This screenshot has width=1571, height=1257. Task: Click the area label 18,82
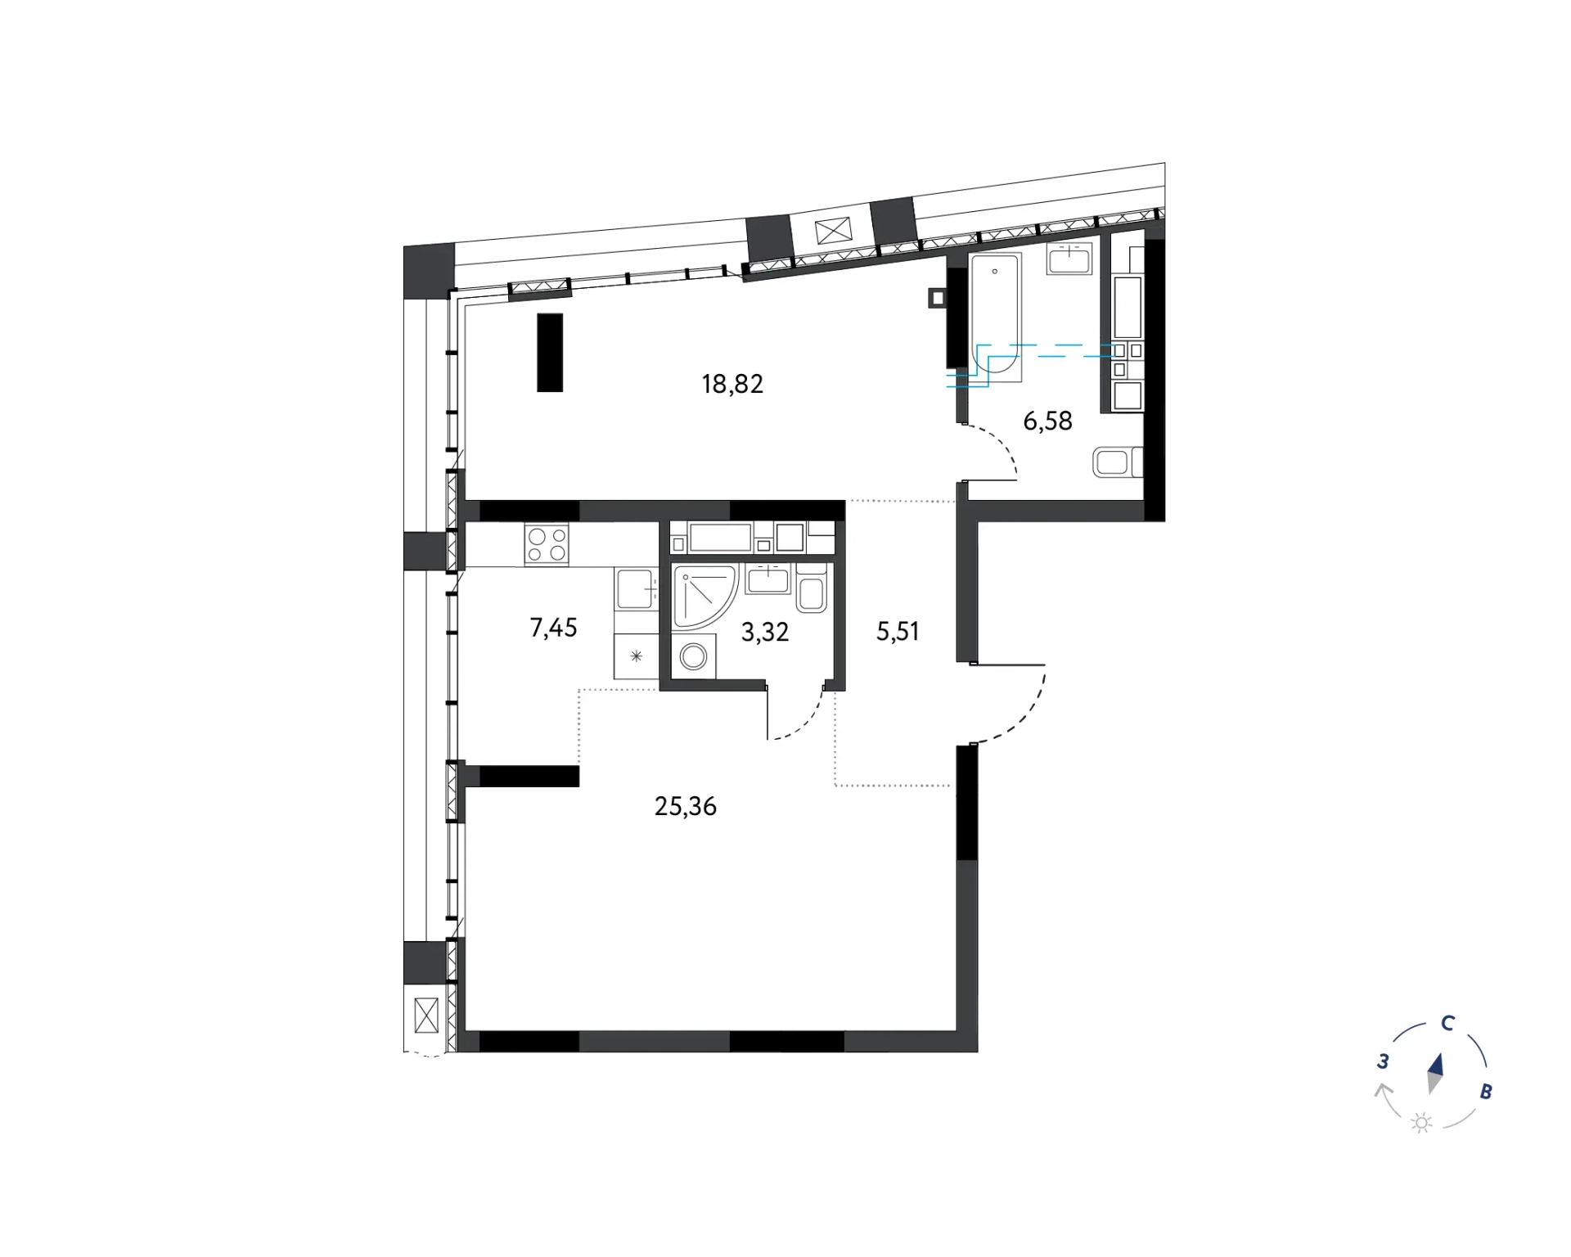pyautogui.click(x=732, y=384)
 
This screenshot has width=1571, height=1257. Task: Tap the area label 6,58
pyautogui.click(x=1047, y=421)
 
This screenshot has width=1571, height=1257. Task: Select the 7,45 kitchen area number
pyautogui.click(x=553, y=628)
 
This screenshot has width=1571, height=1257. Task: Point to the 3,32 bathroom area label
pyautogui.click(x=765, y=632)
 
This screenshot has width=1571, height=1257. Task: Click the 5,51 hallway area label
pyautogui.click(x=898, y=631)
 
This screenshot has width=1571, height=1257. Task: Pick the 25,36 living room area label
pyautogui.click(x=686, y=807)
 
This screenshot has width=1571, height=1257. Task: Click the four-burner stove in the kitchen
pyautogui.click(x=547, y=544)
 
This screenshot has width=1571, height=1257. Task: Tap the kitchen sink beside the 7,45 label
pyautogui.click(x=637, y=589)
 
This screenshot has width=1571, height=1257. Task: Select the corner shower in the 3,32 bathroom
pyautogui.click(x=704, y=597)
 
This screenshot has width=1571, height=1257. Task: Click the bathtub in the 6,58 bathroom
pyautogui.click(x=996, y=318)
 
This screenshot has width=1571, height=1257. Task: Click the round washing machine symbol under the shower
pyautogui.click(x=694, y=656)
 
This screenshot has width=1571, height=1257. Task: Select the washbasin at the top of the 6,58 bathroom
pyautogui.click(x=1069, y=258)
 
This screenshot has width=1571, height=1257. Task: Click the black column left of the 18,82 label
pyautogui.click(x=550, y=353)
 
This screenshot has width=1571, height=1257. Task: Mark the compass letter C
pyautogui.click(x=1447, y=1023)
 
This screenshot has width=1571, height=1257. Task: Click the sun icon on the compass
pyautogui.click(x=1422, y=1123)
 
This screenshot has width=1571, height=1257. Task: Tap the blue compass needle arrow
pyautogui.click(x=1435, y=1074)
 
